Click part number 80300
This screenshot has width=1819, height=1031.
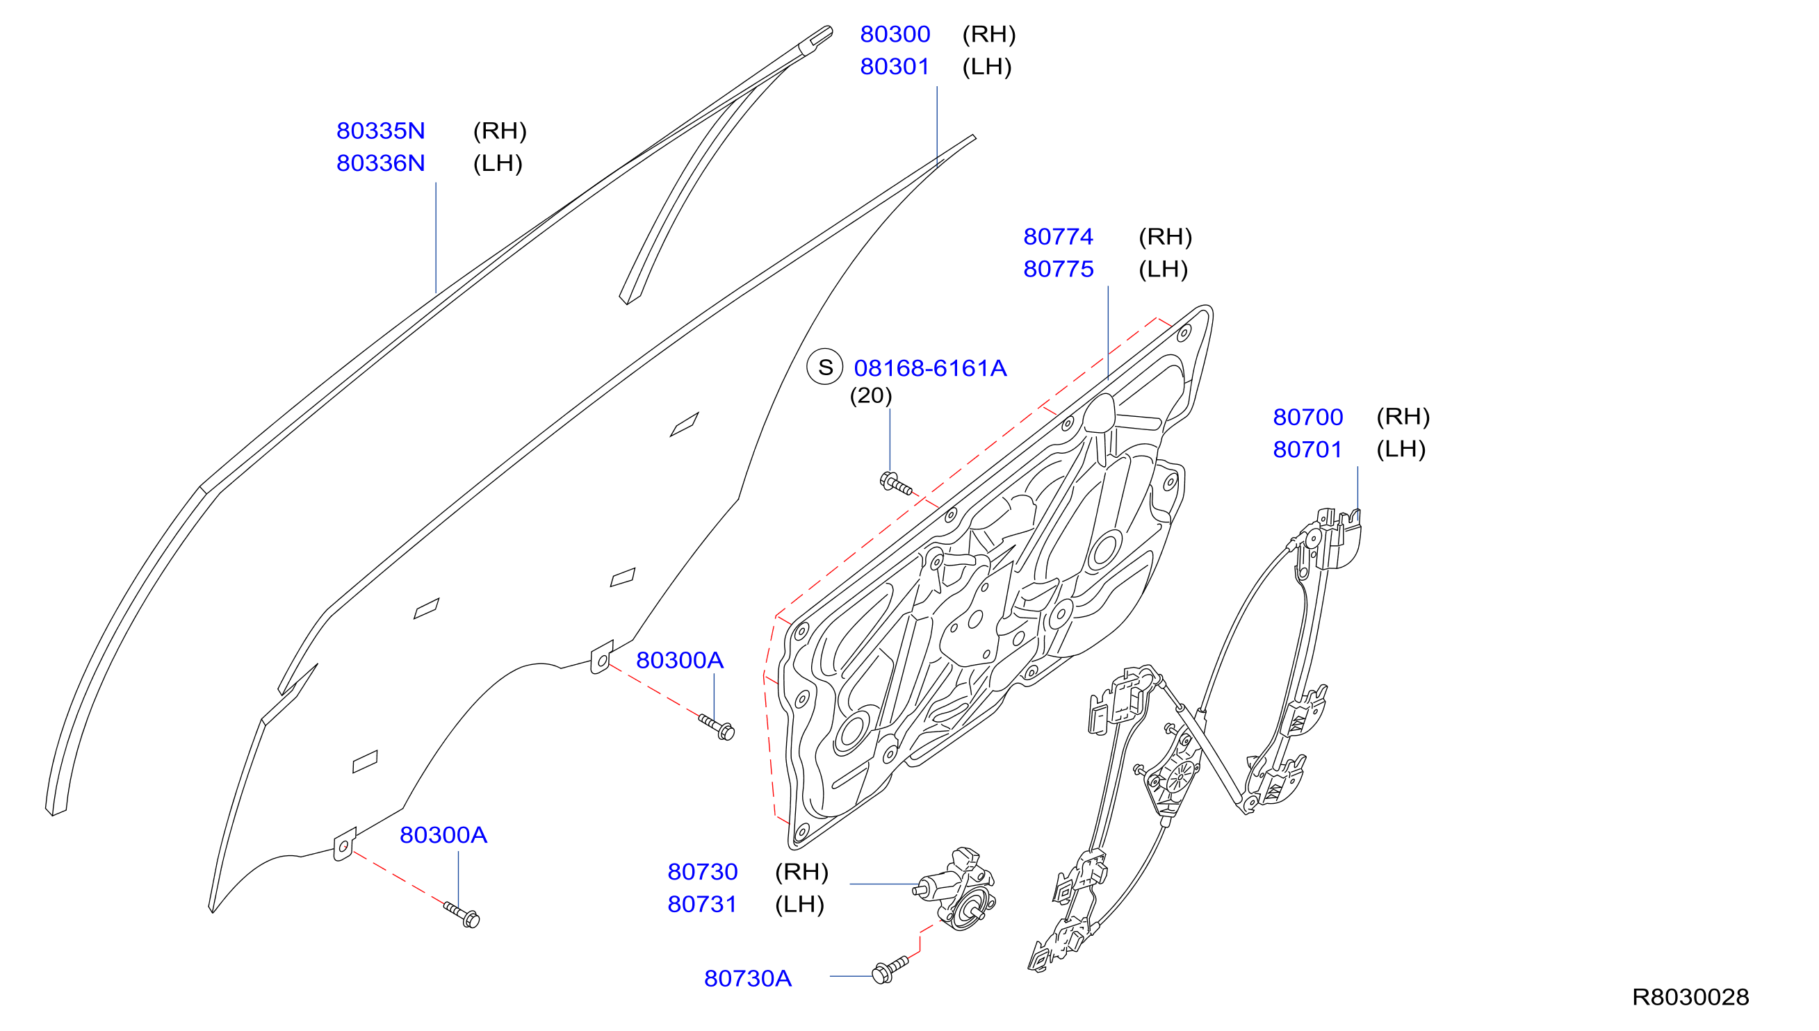895,34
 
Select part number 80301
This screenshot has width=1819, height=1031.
895,67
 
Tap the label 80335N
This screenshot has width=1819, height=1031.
380,131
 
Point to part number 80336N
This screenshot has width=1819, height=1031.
380,163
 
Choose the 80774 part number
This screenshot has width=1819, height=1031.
1059,236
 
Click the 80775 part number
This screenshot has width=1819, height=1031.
1059,269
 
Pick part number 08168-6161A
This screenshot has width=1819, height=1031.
930,368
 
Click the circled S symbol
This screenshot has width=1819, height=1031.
825,367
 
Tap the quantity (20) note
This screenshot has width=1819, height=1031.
870,396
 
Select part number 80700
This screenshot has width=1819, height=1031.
1307,417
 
